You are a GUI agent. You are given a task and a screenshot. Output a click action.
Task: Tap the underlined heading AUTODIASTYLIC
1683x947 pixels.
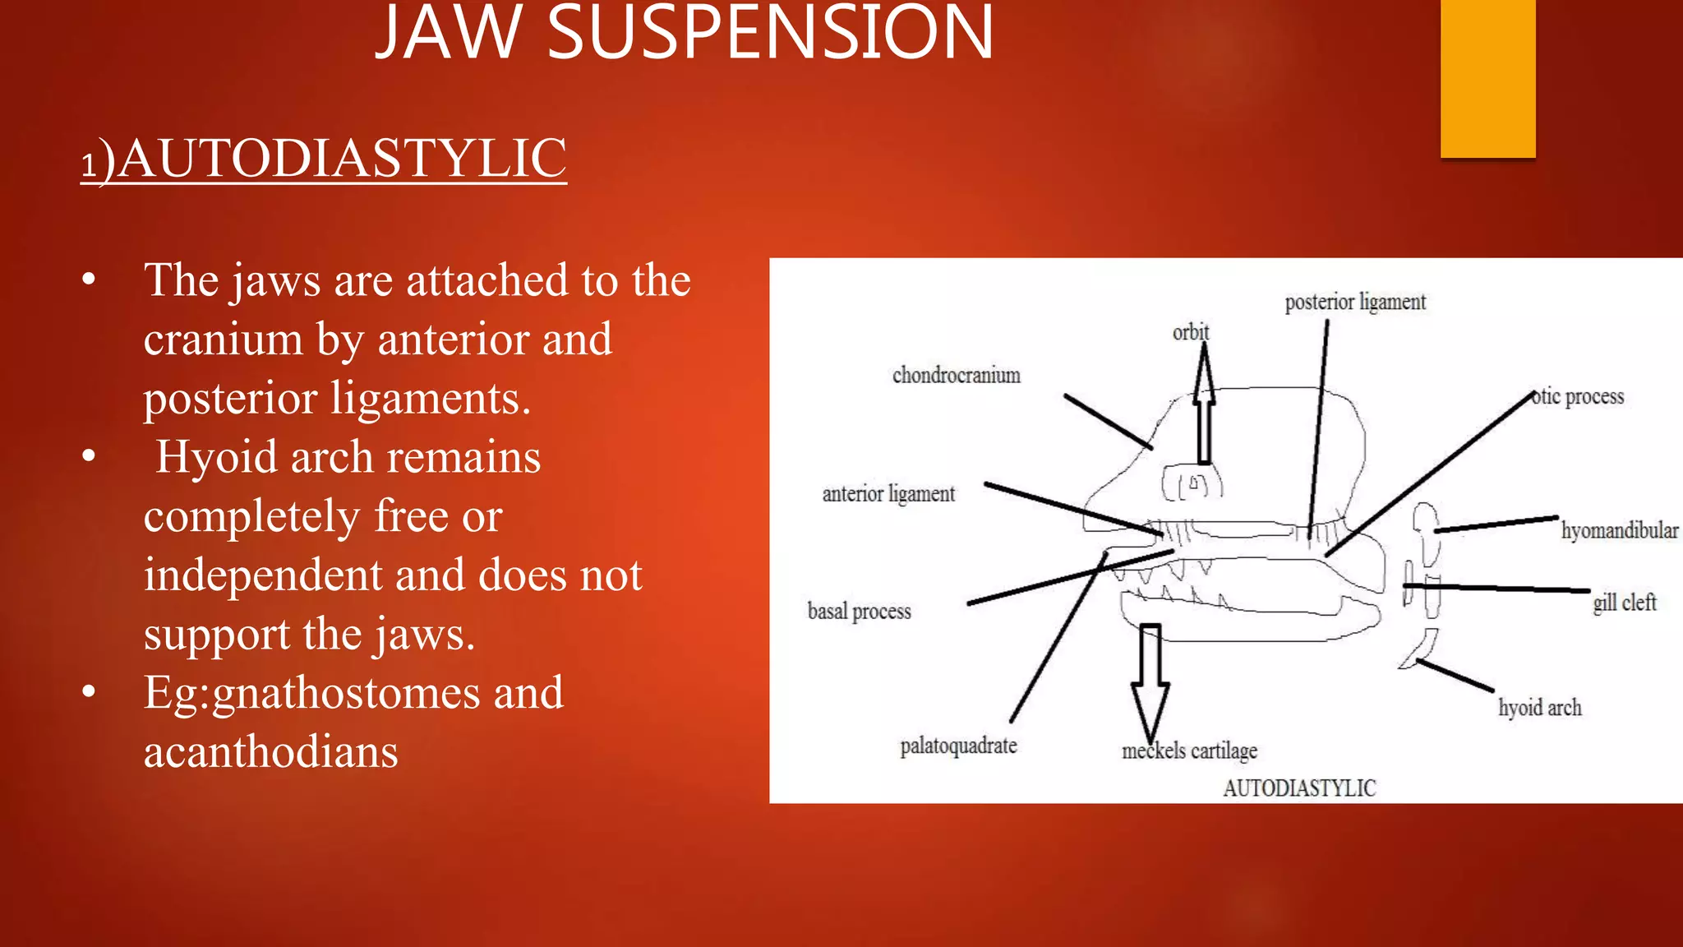pyautogui.click(x=341, y=158)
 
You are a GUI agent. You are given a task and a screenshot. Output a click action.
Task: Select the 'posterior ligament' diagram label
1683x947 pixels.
pyautogui.click(x=1355, y=303)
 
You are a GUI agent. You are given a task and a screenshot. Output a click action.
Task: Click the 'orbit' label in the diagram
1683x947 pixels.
pyautogui.click(x=1190, y=332)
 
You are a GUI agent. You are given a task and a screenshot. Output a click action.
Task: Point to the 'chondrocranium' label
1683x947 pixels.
pyautogui.click(x=956, y=376)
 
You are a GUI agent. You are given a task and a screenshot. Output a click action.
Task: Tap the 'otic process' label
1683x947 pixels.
pyautogui.click(x=1578, y=397)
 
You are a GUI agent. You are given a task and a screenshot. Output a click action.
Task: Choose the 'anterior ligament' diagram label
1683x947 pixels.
pyautogui.click(x=888, y=494)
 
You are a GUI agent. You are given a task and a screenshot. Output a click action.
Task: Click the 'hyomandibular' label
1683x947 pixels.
pyautogui.click(x=1619, y=531)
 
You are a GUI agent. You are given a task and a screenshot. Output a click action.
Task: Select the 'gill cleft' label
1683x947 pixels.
pyautogui.click(x=1624, y=603)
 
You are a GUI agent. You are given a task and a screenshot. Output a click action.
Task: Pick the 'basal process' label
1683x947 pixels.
pyautogui.click(x=859, y=612)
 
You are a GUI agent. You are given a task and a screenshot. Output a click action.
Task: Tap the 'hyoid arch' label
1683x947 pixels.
pyautogui.click(x=1539, y=708)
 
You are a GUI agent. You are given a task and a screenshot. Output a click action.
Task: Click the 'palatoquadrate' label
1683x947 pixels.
pyautogui.click(x=958, y=746)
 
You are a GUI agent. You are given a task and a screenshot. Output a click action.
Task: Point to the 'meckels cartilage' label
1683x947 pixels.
pyautogui.click(x=1189, y=751)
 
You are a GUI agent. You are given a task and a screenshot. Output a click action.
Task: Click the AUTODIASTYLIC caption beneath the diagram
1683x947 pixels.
pyautogui.click(x=1298, y=788)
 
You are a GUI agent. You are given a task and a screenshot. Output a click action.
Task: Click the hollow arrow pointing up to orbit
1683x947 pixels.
pyautogui.click(x=1204, y=411)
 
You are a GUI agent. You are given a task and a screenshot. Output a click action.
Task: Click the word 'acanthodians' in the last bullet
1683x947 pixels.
pyautogui.click(x=271, y=752)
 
